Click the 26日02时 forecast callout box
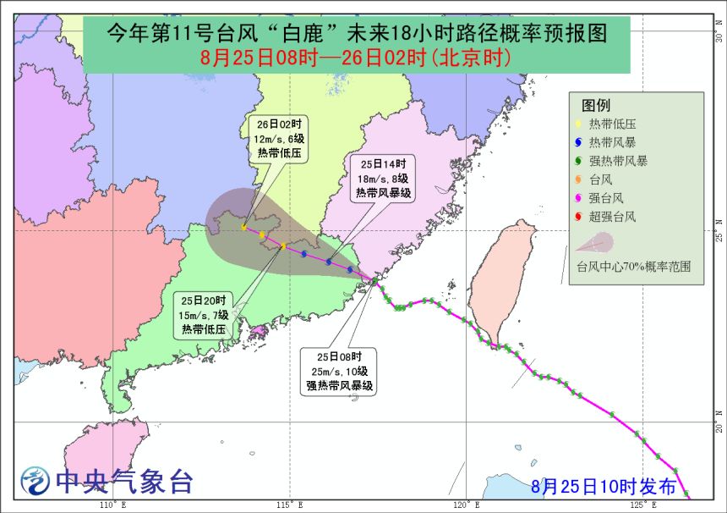(x=278, y=138)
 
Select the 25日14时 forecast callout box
(x=382, y=178)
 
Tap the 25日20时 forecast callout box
(x=204, y=315)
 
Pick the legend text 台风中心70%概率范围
(x=633, y=266)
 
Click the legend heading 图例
(x=596, y=105)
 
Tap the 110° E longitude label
(x=112, y=505)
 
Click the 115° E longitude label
(x=289, y=505)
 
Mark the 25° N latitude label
(x=719, y=231)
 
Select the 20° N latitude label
(x=719, y=422)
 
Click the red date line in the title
(x=356, y=58)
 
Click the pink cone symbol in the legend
(x=595, y=244)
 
